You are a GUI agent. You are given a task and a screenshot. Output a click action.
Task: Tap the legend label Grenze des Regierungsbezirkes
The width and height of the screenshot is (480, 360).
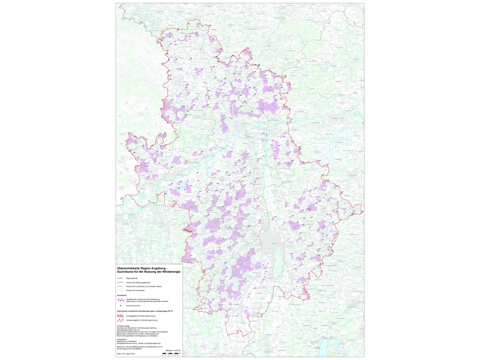click(138, 282)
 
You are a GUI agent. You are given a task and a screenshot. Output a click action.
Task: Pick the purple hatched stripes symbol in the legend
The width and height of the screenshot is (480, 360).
click(120, 300)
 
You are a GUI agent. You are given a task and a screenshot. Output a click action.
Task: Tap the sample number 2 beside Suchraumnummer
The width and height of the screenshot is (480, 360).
click(121, 305)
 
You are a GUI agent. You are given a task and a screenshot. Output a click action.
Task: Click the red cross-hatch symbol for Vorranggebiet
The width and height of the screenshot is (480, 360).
click(120, 316)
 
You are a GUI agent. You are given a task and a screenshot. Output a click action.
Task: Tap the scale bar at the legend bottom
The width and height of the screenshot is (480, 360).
click(170, 353)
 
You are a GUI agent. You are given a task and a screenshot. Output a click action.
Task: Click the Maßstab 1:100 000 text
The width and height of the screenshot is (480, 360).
click(172, 350)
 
